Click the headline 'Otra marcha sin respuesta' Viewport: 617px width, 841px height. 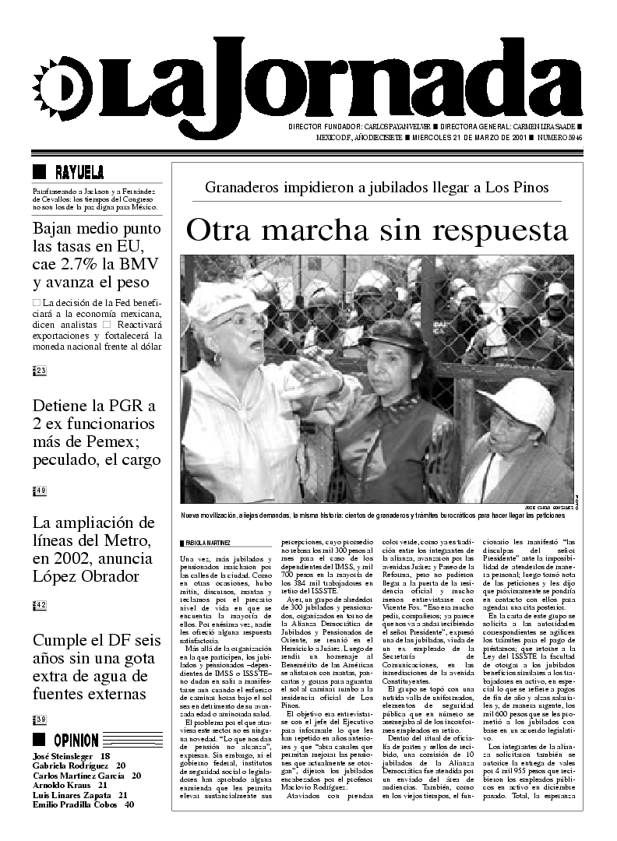pos(377,230)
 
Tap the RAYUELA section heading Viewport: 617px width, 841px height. pos(79,173)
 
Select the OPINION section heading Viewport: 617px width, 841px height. pos(76,741)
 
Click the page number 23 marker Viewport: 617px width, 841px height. pos(41,371)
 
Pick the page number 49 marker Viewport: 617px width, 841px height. pos(41,491)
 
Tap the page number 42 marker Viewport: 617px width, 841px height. pos(41,605)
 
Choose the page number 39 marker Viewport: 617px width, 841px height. pos(41,720)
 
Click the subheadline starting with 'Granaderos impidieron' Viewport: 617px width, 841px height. pos(377,188)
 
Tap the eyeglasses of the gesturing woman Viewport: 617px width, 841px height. pos(243,319)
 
